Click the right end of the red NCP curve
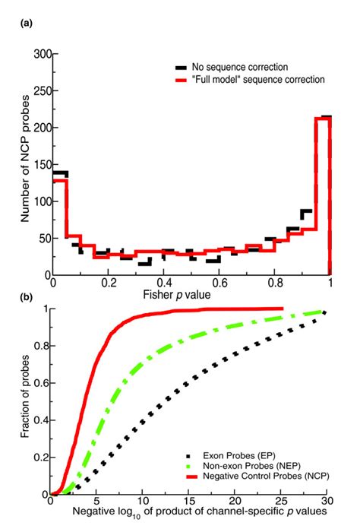coord(283,309)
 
